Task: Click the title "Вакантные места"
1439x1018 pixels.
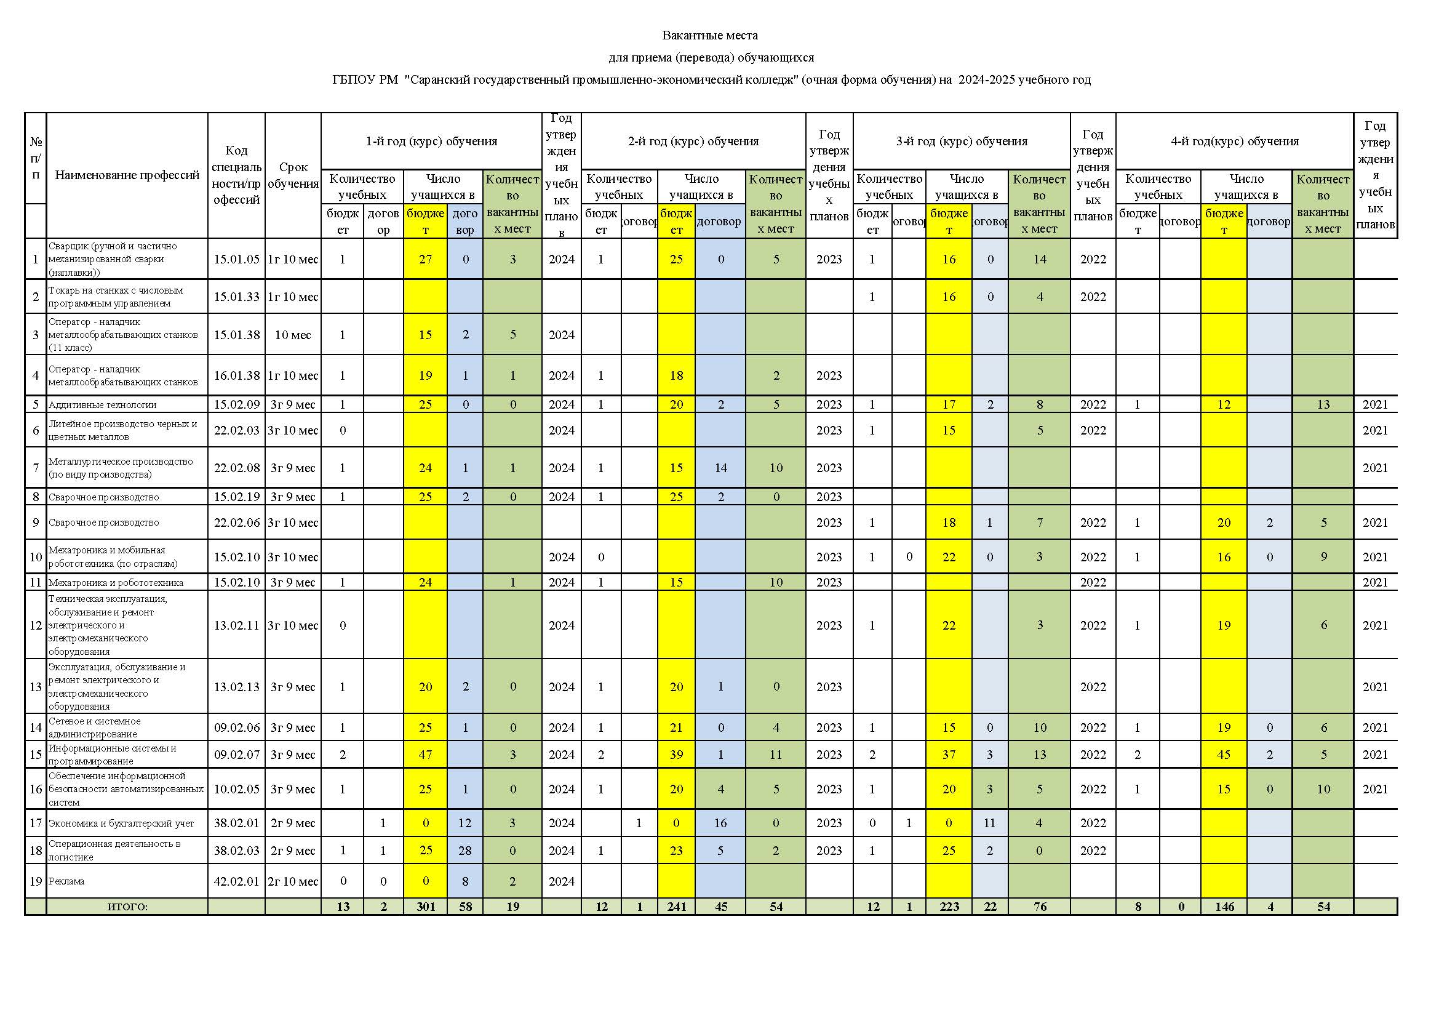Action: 709,35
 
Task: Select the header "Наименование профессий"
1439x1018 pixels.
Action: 127,175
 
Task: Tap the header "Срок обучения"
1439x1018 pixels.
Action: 293,175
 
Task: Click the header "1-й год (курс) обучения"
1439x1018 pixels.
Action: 431,141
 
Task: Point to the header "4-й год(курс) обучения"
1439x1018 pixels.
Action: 1234,141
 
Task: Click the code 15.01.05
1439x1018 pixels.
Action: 236,259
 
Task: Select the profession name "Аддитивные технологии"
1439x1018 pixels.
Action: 103,404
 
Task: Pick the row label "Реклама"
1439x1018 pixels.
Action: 66,881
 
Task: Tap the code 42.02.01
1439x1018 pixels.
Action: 236,881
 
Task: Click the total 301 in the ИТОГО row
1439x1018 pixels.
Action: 426,907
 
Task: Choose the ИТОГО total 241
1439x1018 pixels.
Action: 676,907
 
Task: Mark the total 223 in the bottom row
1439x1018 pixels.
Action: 949,907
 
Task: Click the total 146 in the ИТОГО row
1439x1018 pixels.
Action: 1224,907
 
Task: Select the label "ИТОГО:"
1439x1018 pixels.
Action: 127,907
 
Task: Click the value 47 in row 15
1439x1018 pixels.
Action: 426,754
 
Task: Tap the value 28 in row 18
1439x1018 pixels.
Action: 465,850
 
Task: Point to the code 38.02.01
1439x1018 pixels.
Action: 236,822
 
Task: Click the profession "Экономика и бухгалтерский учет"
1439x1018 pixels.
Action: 121,823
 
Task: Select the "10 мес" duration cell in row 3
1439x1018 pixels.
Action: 293,335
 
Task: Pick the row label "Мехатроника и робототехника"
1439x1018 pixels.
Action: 116,582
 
